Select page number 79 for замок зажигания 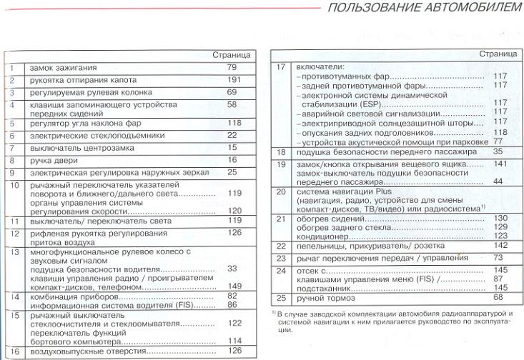(232, 67)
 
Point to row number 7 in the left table (13, 147)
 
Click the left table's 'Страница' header (231, 54)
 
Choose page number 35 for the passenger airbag (498, 151)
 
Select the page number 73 (498, 257)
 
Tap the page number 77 (499, 141)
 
